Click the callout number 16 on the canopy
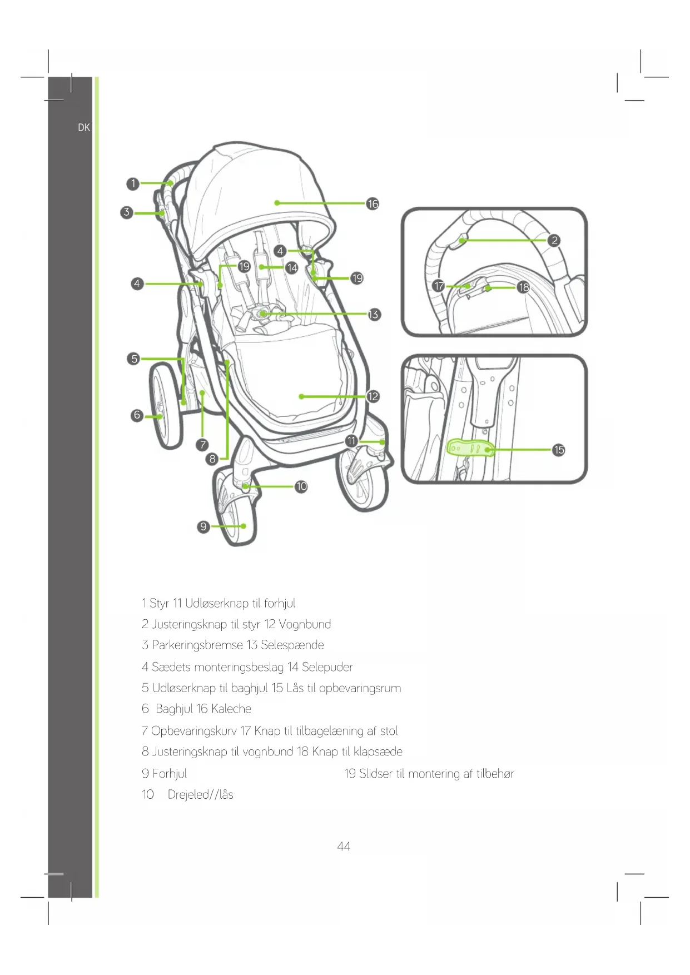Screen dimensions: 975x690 click(373, 204)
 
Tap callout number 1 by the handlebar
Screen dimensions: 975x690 click(133, 183)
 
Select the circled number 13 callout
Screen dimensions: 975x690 click(374, 315)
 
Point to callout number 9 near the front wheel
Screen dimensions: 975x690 click(203, 526)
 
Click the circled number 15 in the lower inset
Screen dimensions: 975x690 click(559, 450)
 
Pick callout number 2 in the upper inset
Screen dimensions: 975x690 click(554, 240)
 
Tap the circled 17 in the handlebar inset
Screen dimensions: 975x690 click(439, 286)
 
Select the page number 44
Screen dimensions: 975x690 click(344, 846)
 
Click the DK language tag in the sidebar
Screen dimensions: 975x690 click(84, 127)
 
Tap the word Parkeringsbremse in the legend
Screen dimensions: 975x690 click(197, 645)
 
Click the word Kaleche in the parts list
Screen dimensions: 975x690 click(231, 709)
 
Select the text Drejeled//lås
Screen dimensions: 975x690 click(200, 794)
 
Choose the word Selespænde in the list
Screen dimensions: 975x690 click(292, 645)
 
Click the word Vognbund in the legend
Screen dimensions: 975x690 click(305, 624)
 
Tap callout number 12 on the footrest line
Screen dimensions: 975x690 click(373, 396)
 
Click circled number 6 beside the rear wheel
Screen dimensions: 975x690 click(137, 415)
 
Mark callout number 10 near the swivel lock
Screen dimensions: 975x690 click(301, 486)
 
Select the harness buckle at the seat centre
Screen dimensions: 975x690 click(262, 314)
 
